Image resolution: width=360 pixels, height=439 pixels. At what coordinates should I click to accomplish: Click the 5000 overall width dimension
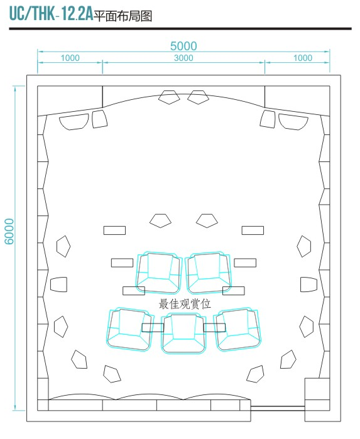coord(183,46)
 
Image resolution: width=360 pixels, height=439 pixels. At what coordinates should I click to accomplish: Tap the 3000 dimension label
coord(183,58)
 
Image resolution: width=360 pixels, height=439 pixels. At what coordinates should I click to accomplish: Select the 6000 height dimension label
coord(9,232)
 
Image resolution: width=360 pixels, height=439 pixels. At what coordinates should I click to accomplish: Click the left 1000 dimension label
coord(70,58)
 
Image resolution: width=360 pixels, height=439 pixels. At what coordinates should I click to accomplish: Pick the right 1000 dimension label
coord(303,58)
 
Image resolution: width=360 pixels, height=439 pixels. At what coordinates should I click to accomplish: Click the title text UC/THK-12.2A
coord(51,13)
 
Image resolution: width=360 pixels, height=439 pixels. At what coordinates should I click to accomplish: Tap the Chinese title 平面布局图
coord(123,16)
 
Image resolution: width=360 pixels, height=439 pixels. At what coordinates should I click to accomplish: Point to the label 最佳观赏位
coord(185,304)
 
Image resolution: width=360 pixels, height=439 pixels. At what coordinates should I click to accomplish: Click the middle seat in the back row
coord(184,333)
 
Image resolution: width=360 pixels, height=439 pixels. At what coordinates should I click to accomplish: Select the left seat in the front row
coord(159,273)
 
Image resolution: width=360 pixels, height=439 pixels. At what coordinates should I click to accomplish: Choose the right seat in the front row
coord(209,273)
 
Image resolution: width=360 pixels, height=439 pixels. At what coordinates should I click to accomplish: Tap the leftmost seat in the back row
coord(130,330)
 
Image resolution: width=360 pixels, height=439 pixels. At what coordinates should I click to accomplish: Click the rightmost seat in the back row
coord(237,330)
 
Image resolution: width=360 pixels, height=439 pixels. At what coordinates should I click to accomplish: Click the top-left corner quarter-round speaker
coord(74,122)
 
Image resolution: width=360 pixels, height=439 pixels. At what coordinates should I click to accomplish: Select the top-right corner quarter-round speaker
coord(293,122)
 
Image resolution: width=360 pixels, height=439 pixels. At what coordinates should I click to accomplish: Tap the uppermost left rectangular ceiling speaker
coord(114,230)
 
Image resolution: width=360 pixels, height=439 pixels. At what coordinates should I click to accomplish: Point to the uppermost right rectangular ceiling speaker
coord(253,230)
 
